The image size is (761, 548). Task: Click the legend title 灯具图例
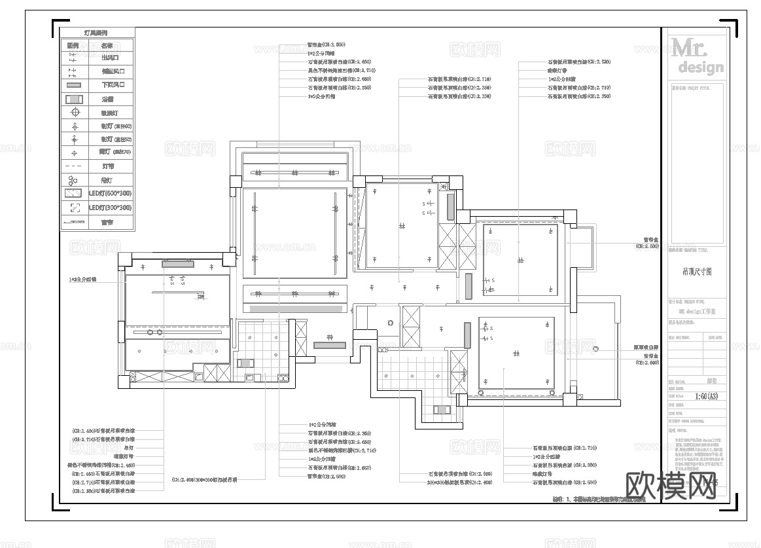click(x=97, y=32)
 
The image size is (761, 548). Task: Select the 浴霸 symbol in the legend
click(x=74, y=99)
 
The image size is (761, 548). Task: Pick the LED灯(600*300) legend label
click(x=110, y=194)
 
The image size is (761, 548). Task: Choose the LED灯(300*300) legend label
click(x=110, y=208)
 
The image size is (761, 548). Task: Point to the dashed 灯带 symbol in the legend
click(x=74, y=166)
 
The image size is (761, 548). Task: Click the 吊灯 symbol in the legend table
click(x=74, y=180)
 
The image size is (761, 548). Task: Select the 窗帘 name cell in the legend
click(x=107, y=222)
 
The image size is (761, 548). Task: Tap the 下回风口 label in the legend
click(x=112, y=85)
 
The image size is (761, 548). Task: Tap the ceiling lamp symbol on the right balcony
click(x=595, y=349)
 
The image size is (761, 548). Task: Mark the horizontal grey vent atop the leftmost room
click(x=177, y=263)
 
